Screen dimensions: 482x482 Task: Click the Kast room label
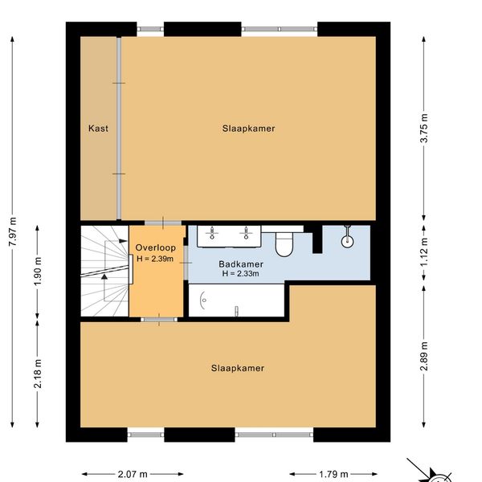[98, 129]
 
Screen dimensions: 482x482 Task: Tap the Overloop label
[156, 247]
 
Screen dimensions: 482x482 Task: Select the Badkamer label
[241, 264]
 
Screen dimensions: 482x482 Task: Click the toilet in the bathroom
[284, 244]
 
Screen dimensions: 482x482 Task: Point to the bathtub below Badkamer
[236, 300]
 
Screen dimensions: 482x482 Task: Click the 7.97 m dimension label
[13, 231]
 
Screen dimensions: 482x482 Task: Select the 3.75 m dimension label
[424, 128]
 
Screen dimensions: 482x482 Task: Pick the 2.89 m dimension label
[424, 356]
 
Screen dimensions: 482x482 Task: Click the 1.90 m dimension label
[38, 272]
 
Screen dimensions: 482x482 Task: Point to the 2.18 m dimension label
[38, 374]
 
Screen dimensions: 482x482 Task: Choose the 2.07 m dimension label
[133, 474]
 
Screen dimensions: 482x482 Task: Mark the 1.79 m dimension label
[333, 474]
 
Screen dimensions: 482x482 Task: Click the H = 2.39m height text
[155, 259]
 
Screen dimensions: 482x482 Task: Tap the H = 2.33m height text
[241, 273]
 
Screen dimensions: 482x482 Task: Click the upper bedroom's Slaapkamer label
[248, 129]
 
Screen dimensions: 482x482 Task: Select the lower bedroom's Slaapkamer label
[237, 368]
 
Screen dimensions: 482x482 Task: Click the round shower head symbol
[347, 241]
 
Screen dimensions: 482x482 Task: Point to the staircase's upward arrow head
[104, 276]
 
